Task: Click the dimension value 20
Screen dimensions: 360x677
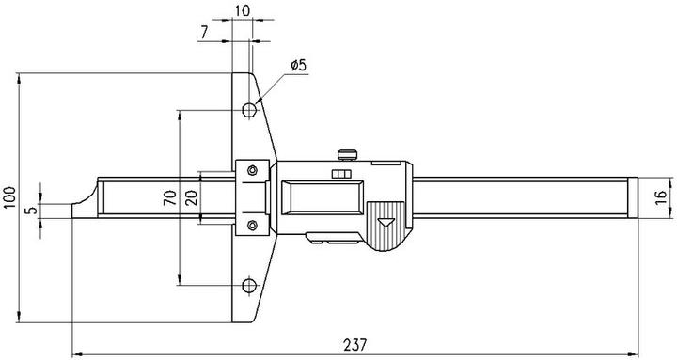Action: point(191,197)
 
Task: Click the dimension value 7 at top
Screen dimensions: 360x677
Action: point(205,32)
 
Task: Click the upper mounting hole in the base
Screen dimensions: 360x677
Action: point(249,110)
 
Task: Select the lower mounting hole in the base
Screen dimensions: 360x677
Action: point(249,286)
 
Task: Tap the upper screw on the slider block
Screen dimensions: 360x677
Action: point(251,170)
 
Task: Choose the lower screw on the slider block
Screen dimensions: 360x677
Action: point(251,225)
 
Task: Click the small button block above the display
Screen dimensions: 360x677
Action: point(340,175)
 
